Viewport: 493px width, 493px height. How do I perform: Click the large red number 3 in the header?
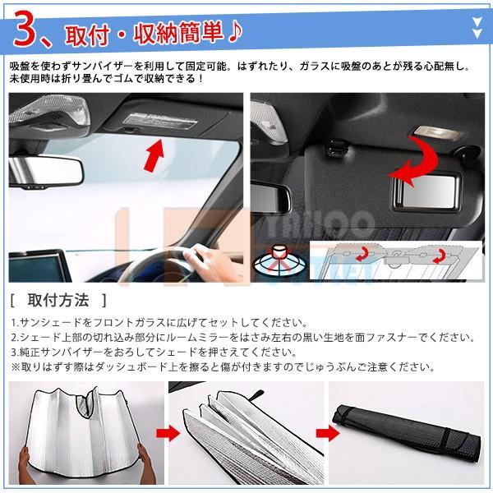[x=28, y=30]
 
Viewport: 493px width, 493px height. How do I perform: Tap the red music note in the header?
[x=235, y=32]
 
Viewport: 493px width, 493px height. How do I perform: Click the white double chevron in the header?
[x=477, y=28]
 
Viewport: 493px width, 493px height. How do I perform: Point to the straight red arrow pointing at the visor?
[x=154, y=156]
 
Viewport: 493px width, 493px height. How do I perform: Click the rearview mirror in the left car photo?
[x=46, y=171]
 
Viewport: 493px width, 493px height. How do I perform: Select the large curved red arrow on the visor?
[x=414, y=160]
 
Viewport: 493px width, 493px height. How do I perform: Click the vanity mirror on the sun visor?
[x=426, y=191]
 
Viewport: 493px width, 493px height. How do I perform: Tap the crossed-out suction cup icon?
[x=278, y=260]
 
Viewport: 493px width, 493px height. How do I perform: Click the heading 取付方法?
[x=58, y=300]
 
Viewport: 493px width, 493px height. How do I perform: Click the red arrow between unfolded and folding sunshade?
[x=168, y=433]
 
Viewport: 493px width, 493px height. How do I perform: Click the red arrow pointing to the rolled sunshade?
[x=328, y=433]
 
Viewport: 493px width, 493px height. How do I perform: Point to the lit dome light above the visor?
[x=437, y=132]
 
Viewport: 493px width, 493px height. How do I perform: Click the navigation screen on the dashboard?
[x=39, y=266]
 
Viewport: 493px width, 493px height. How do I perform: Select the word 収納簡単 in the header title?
[x=178, y=33]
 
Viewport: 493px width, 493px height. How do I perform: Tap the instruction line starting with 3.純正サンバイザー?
[x=154, y=352]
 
